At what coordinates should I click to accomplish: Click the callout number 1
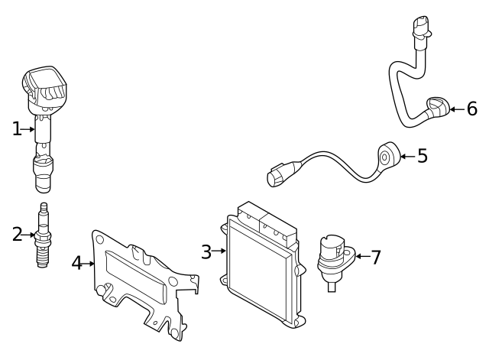point(17,129)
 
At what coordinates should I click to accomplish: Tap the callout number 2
point(17,234)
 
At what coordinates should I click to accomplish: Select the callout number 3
point(206,251)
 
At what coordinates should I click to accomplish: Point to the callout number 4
point(76,263)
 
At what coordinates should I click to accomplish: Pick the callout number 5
point(422,156)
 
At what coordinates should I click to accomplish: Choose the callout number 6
point(471,109)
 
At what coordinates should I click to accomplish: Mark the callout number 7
point(374,257)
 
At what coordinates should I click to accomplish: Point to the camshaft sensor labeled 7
point(333,259)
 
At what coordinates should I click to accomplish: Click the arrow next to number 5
point(406,156)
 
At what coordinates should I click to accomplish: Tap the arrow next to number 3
point(220,251)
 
